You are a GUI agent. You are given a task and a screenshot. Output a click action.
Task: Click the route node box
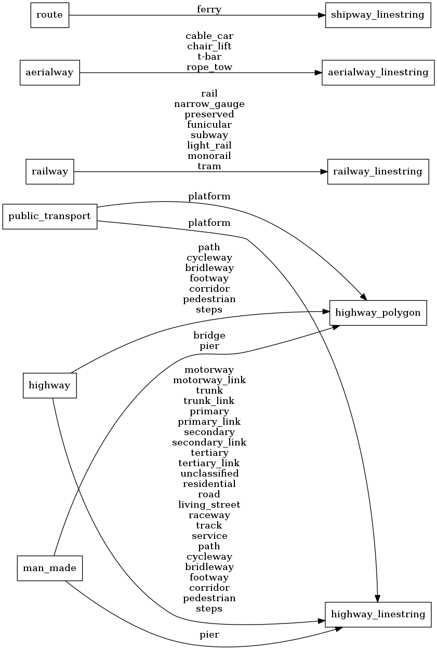click(50, 15)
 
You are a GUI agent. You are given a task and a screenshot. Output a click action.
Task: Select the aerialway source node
click(50, 73)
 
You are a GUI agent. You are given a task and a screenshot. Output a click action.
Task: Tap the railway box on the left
click(50, 171)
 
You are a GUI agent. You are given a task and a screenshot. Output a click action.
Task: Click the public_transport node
click(50, 216)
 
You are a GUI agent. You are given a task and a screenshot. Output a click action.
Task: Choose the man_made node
click(50, 568)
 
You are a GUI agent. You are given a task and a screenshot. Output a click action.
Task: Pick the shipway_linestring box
click(378, 15)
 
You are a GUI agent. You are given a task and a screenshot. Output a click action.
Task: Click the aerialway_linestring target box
click(378, 73)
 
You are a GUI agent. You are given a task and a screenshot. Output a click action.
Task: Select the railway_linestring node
click(378, 171)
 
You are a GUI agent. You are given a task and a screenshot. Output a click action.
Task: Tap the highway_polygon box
click(378, 313)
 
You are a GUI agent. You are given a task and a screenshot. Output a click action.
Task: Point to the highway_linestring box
click(378, 614)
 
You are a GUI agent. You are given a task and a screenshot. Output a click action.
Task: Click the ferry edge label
click(209, 9)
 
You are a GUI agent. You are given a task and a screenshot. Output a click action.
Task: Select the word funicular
click(209, 125)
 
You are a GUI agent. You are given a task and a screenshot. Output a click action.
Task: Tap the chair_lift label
click(209, 47)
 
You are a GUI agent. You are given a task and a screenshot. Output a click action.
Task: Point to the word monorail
click(209, 156)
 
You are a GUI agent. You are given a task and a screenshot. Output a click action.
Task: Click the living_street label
click(209, 505)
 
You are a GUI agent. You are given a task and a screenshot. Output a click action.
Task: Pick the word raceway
click(209, 515)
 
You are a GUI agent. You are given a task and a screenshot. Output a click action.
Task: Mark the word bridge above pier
click(209, 335)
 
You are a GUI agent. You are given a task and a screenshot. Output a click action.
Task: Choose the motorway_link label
click(209, 380)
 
